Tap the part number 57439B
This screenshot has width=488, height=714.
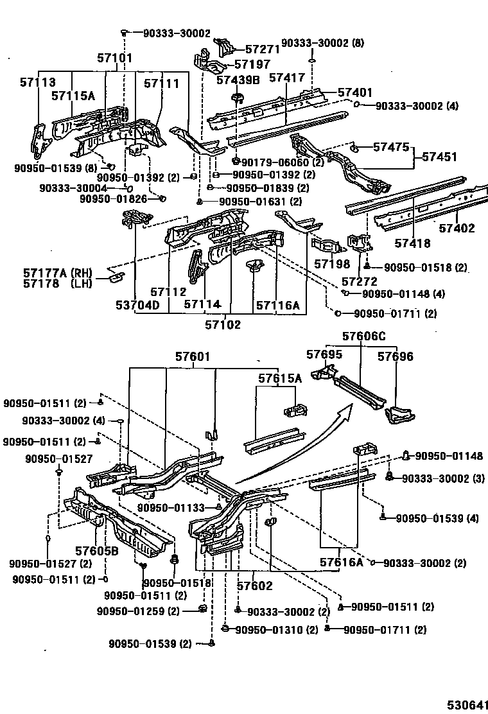[238, 80]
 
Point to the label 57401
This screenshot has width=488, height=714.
[355, 92]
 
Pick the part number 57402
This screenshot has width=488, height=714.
[457, 227]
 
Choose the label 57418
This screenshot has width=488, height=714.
[412, 243]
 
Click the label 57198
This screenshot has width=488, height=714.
[332, 264]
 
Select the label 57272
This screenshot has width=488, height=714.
[359, 281]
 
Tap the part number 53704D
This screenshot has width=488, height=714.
[138, 304]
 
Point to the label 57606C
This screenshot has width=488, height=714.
[363, 336]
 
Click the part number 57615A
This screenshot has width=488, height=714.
[280, 378]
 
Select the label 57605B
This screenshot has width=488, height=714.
[96, 551]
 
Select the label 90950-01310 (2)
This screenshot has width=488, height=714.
[275, 629]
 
